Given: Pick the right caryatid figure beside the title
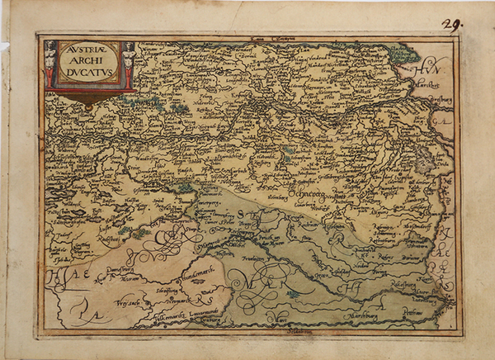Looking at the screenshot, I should pyautogui.click(x=128, y=64).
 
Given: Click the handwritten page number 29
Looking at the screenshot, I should pyautogui.click(x=453, y=24).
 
